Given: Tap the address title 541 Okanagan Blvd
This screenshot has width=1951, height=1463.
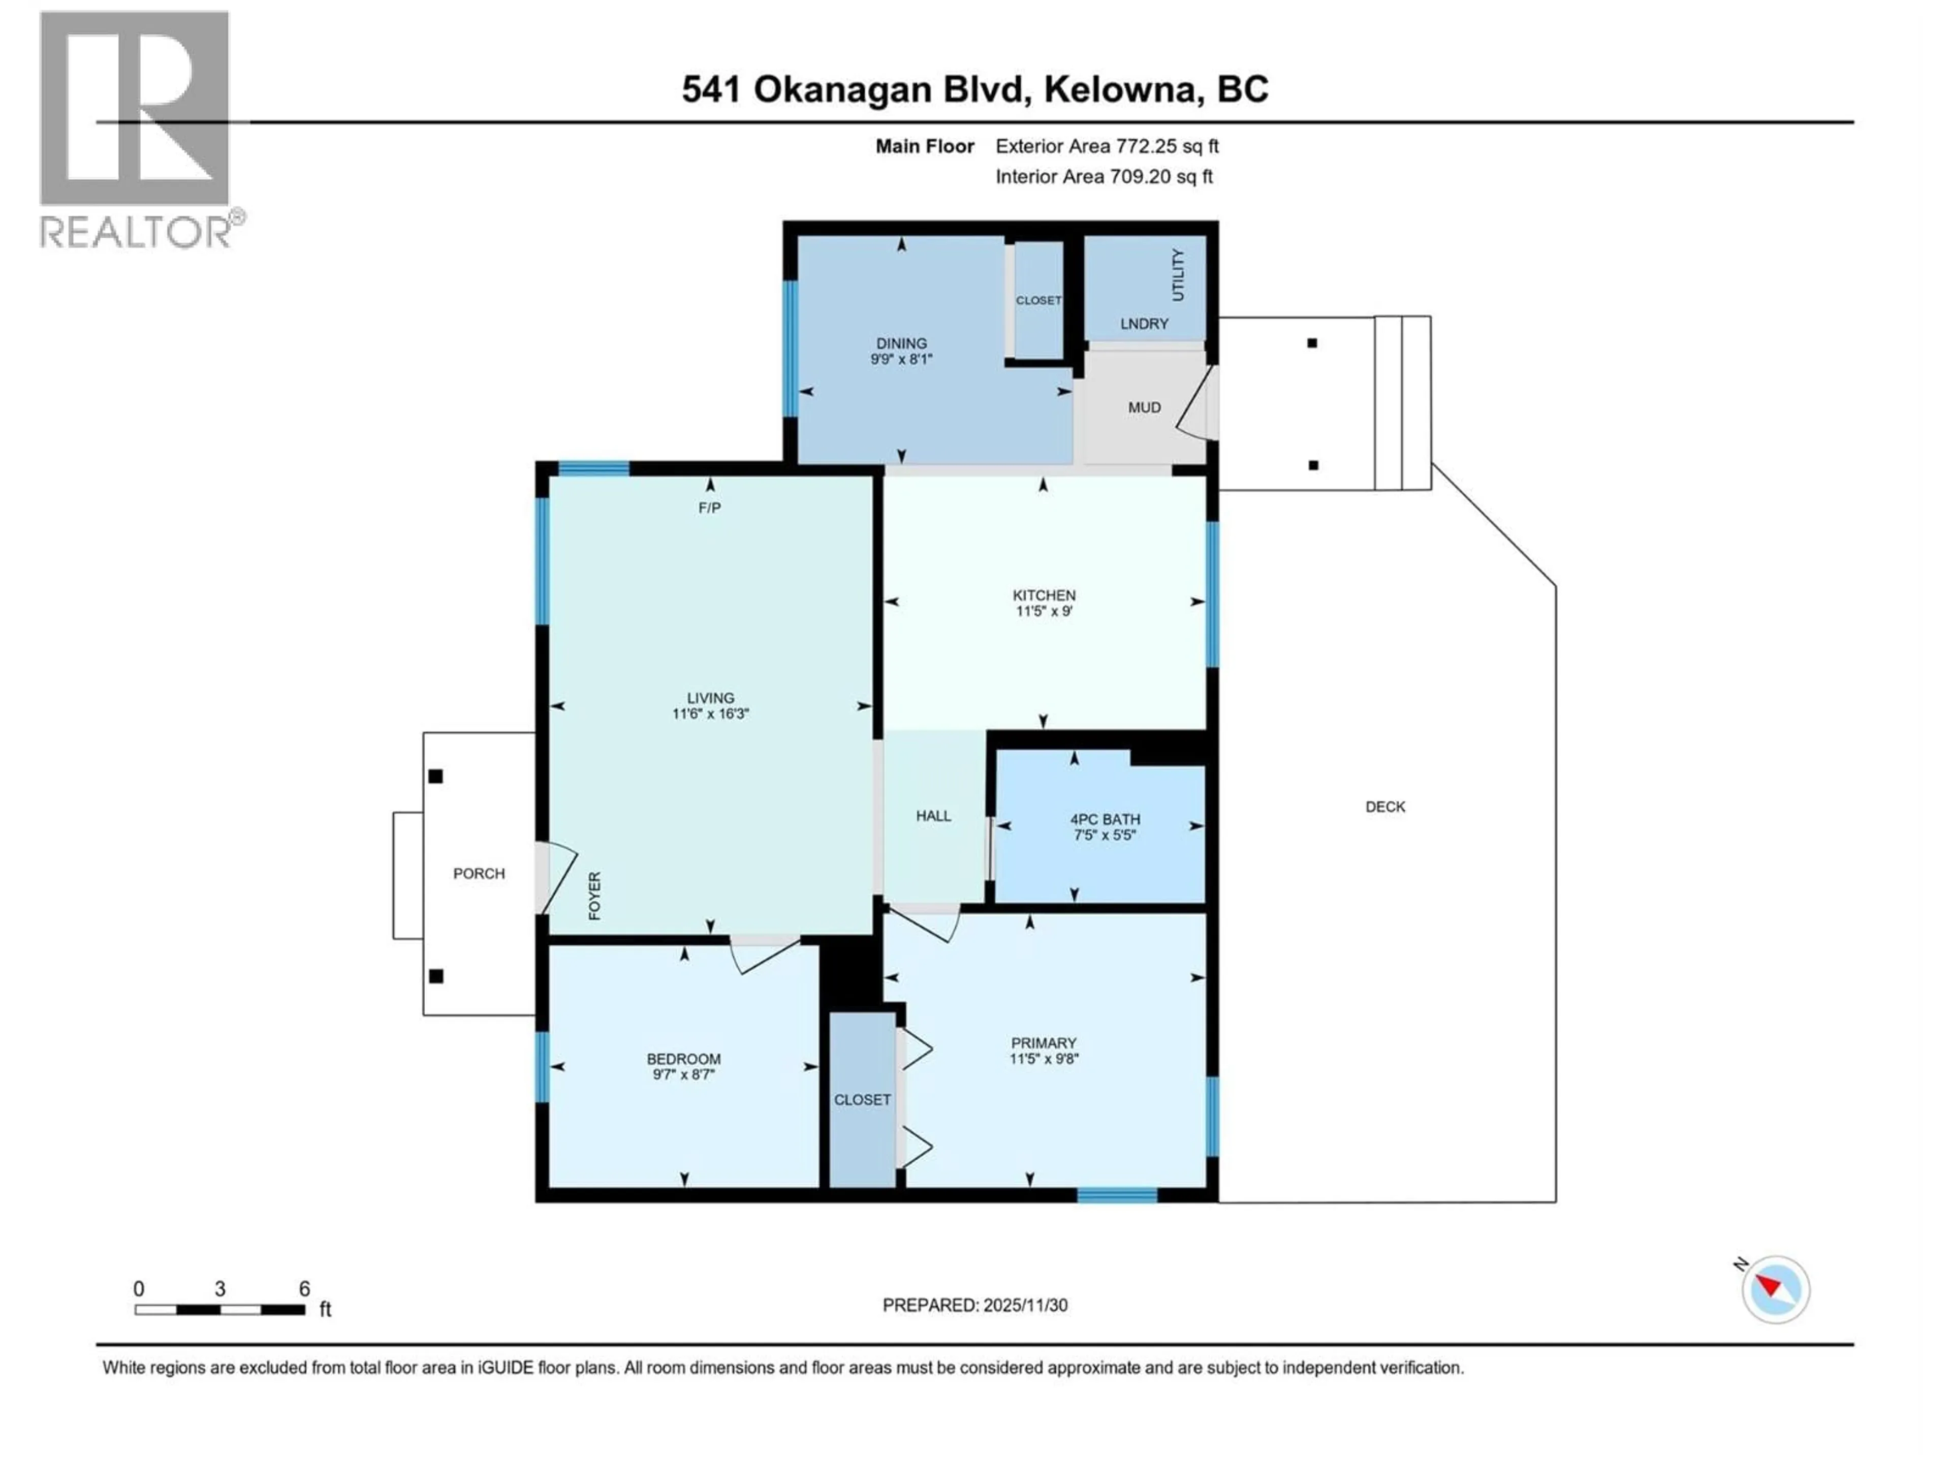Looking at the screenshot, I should tap(974, 89).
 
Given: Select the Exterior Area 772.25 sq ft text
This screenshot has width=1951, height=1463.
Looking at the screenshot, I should tap(1107, 146).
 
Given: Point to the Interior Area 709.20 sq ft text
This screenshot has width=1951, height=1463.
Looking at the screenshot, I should tap(1104, 176).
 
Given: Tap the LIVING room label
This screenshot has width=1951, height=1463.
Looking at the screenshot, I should tap(710, 697).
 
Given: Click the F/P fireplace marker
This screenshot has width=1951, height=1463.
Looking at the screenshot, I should tap(709, 508).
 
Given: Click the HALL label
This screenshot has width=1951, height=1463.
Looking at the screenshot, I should tap(933, 816).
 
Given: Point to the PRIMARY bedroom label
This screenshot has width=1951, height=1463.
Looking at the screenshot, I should tap(1044, 1043).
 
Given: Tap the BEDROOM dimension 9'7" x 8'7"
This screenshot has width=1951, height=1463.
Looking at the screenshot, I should tap(683, 1075).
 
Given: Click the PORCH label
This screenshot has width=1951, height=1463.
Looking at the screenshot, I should tap(479, 873).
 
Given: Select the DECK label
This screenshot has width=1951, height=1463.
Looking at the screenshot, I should tap(1384, 807).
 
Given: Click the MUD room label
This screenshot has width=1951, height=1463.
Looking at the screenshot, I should tap(1144, 407).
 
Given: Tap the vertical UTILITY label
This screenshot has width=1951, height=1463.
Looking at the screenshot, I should tap(1177, 274).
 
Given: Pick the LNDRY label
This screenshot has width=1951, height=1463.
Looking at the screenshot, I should tap(1144, 324).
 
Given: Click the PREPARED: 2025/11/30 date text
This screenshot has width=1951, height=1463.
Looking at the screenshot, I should tap(974, 1305).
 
